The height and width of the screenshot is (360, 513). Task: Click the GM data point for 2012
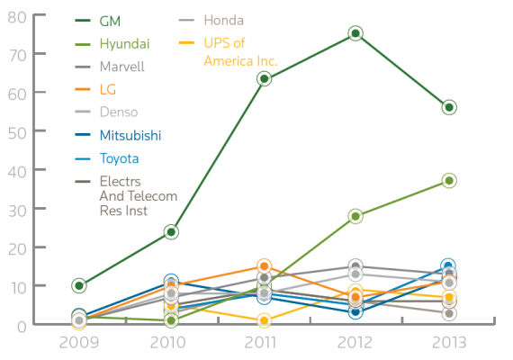pos(355,33)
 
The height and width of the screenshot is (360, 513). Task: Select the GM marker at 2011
pos(264,78)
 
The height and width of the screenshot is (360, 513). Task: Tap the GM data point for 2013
pos(448,107)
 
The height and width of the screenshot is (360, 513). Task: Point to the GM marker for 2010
pos(171,231)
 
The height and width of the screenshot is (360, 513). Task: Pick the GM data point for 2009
pos(79,285)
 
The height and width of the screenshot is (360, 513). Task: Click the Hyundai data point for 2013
pos(448,181)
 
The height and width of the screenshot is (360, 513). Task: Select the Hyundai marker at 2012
pos(355,216)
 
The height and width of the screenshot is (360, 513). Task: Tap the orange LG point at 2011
pos(264,266)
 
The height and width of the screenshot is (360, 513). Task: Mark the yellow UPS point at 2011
pos(264,320)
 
